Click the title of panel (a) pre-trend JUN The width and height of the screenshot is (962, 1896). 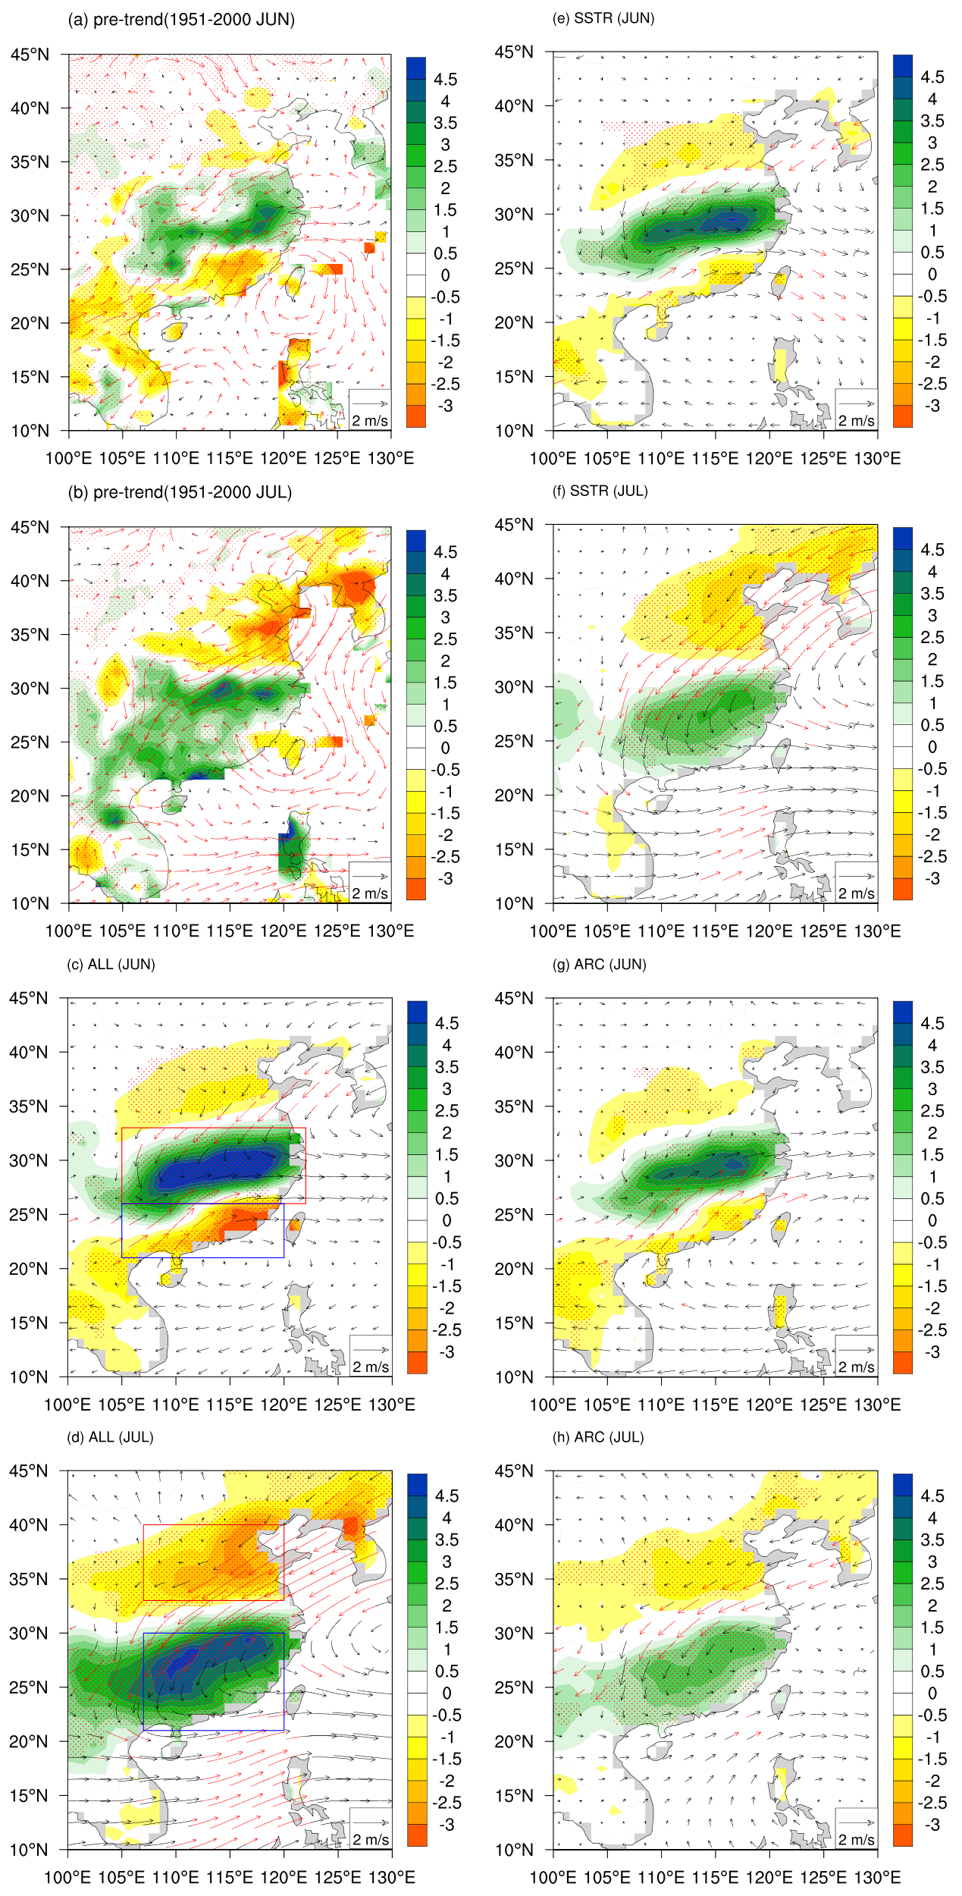click(x=181, y=20)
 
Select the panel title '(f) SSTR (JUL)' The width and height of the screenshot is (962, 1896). click(x=600, y=491)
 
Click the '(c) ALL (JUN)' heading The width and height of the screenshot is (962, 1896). click(x=111, y=964)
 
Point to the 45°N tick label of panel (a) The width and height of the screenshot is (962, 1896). click(x=30, y=55)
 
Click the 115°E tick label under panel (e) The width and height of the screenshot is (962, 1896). click(x=715, y=458)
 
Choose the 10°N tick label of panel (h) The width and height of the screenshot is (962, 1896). click(x=514, y=1849)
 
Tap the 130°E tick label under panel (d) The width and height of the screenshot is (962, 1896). click(x=392, y=1877)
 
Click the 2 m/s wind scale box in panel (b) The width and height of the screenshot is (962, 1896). click(x=370, y=883)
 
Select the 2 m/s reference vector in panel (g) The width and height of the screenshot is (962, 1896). click(x=857, y=1349)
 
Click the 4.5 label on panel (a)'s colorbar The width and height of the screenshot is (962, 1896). click(x=446, y=80)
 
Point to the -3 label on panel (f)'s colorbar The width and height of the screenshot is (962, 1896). click(x=932, y=878)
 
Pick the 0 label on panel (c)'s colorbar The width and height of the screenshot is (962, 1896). click(x=447, y=1220)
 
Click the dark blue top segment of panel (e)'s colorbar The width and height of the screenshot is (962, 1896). click(x=903, y=65)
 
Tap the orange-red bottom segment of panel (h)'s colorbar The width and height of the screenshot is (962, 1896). click(x=903, y=1835)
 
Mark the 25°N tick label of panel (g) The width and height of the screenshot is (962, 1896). click(x=514, y=1214)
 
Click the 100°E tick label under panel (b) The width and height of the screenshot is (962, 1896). click(x=68, y=931)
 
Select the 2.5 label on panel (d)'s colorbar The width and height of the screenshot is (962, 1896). click(x=447, y=1584)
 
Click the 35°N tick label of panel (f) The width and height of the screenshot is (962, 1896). click(x=514, y=633)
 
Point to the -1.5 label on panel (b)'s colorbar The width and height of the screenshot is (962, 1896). click(x=446, y=813)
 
